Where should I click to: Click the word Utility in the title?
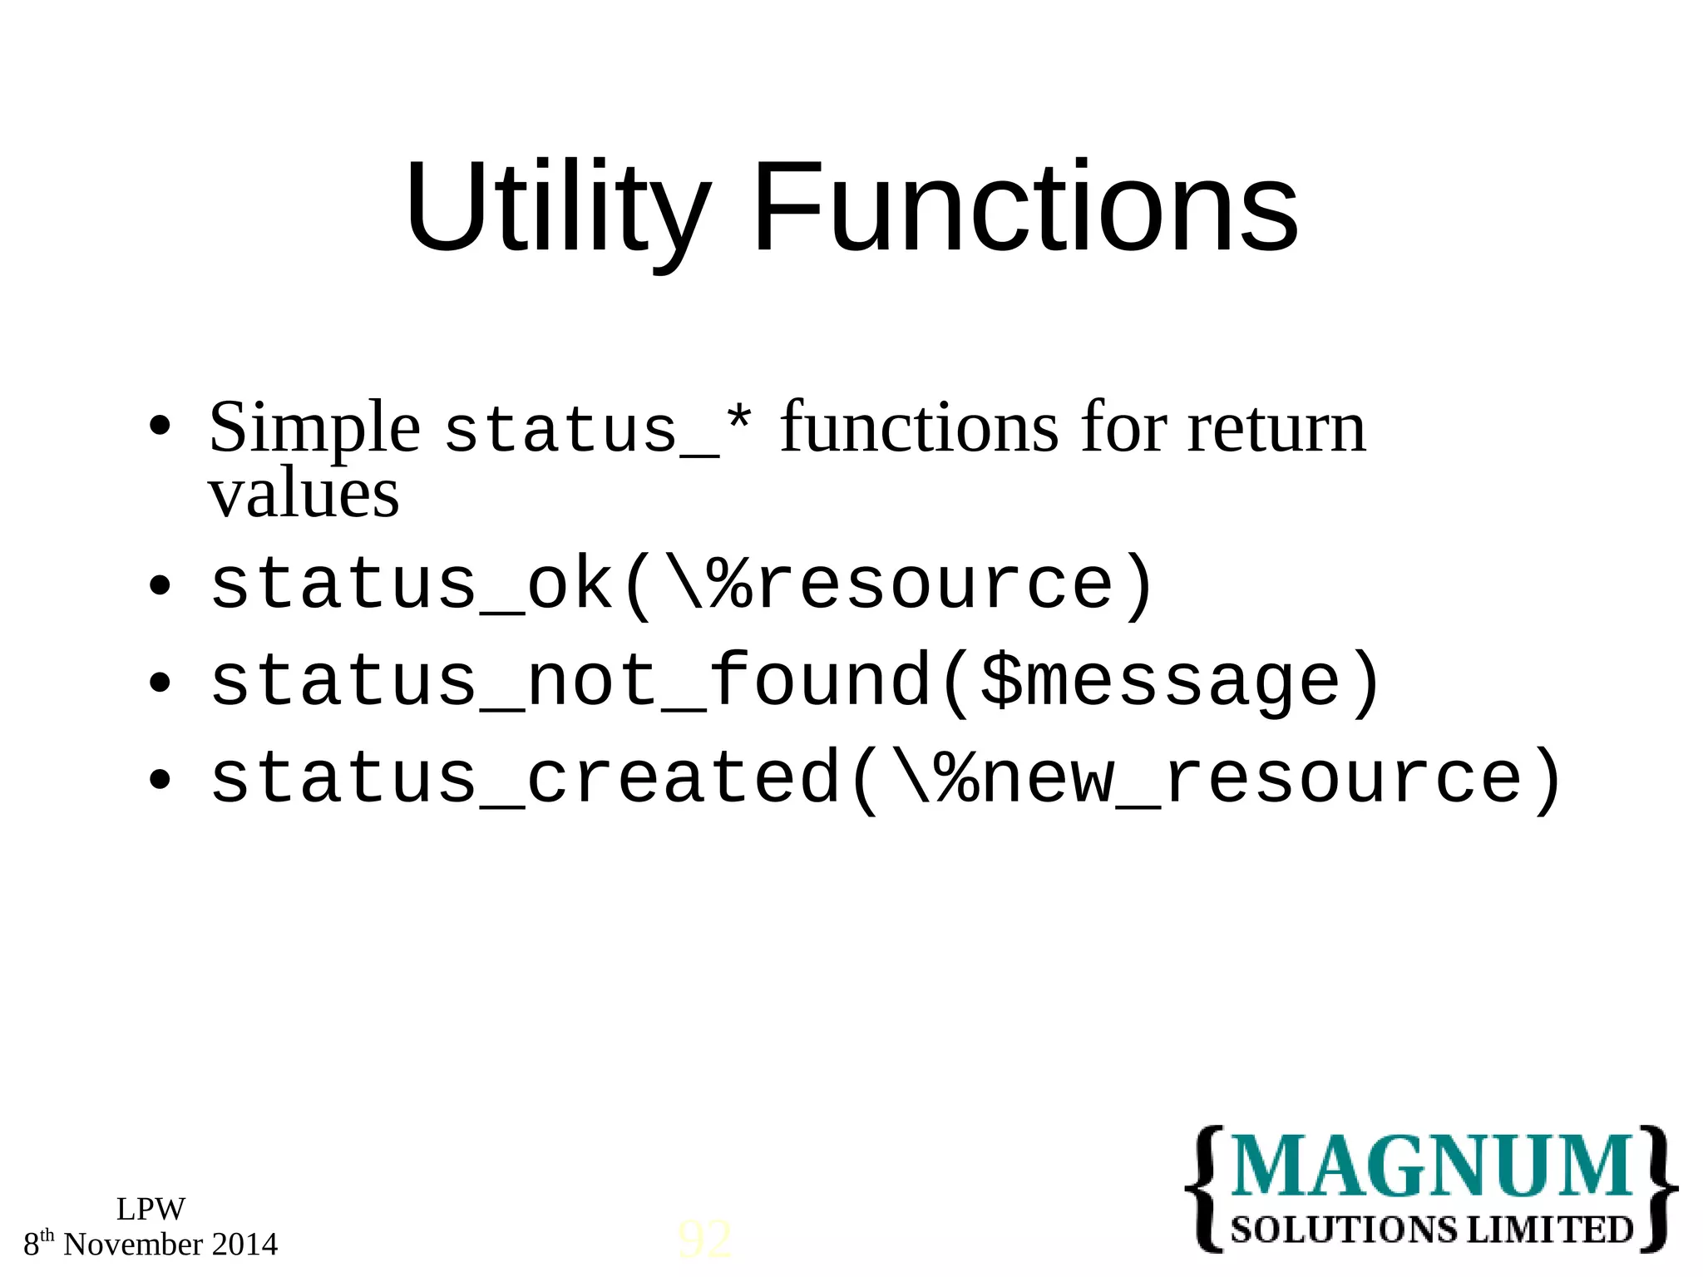tap(557, 208)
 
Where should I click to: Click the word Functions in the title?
tap(1024, 208)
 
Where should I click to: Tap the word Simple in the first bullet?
tap(314, 428)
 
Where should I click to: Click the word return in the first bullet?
tap(1276, 428)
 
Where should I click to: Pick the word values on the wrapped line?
tap(304, 495)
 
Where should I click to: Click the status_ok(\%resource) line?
tap(682, 586)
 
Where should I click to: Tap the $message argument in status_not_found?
tap(1160, 682)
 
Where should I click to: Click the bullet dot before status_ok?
tap(159, 587)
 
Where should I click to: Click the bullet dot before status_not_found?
tap(159, 683)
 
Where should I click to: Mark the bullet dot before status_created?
tap(159, 780)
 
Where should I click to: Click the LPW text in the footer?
tap(151, 1209)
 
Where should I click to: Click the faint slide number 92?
tap(705, 1240)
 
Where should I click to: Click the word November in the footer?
tap(133, 1245)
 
